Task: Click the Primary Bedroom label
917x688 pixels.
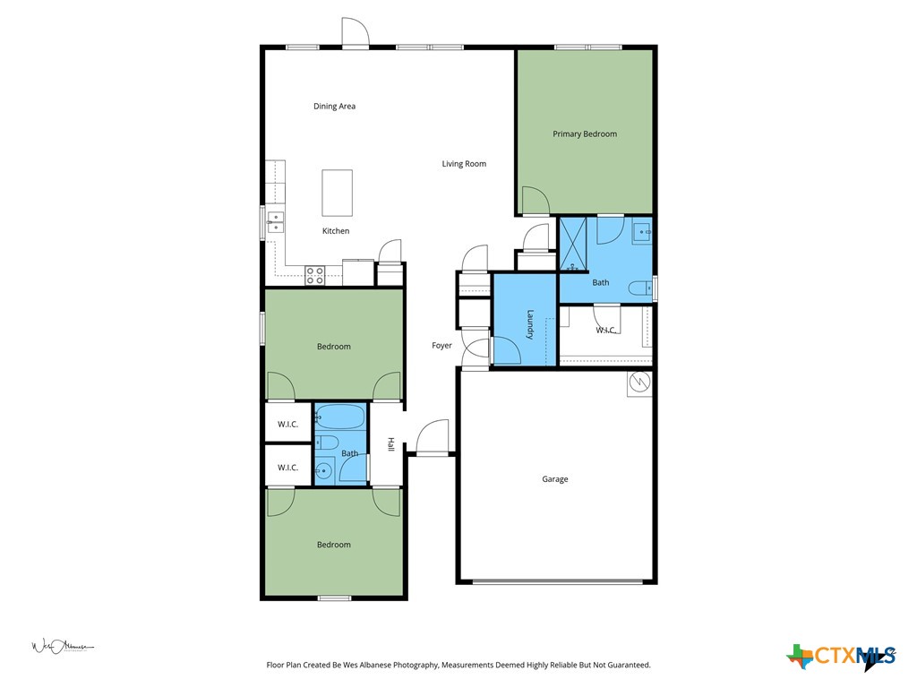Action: [x=584, y=134]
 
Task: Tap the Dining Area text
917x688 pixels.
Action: [x=334, y=107]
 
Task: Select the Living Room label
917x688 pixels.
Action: [x=464, y=164]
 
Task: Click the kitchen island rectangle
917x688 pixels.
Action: [x=337, y=193]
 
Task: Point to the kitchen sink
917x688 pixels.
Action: [x=274, y=222]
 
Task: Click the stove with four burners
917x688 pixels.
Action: [x=314, y=275]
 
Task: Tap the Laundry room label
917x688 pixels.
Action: [x=530, y=323]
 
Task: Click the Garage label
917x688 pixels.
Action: [x=554, y=479]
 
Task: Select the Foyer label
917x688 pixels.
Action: [x=441, y=346]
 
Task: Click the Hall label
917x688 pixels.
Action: [x=390, y=444]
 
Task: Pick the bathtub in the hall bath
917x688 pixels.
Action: [x=340, y=417]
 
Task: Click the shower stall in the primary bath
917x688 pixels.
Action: [x=574, y=245]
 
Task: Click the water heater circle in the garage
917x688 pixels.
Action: [x=639, y=383]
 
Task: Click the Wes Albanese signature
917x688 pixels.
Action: [x=62, y=646]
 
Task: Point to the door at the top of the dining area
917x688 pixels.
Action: [x=356, y=34]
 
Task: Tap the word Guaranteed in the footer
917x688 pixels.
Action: [x=626, y=666]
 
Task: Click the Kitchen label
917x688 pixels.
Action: [x=336, y=231]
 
